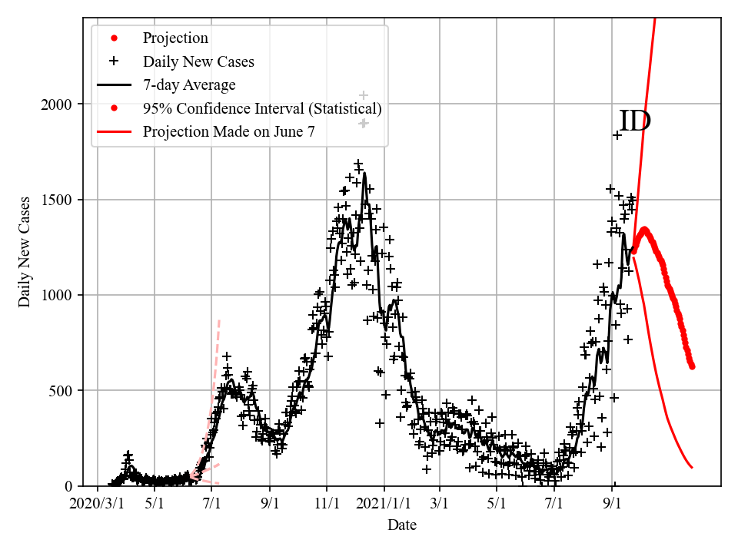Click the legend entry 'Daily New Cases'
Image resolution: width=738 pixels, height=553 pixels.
click(x=198, y=61)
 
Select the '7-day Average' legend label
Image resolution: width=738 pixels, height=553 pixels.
click(x=189, y=84)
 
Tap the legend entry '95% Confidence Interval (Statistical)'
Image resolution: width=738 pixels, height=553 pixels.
click(x=262, y=108)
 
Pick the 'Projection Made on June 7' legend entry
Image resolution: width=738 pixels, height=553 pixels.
click(x=228, y=131)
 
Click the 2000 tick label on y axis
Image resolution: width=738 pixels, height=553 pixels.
click(x=61, y=104)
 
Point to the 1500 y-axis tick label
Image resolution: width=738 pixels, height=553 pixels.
click(x=61, y=200)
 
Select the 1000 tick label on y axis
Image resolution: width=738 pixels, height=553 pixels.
click(x=61, y=295)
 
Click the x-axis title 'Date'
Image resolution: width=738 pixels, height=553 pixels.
click(x=402, y=525)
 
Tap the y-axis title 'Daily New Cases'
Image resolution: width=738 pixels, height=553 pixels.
click(x=25, y=253)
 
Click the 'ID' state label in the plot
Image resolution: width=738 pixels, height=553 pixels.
click(x=635, y=121)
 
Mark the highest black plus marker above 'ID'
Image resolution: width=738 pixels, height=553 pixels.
click(x=617, y=135)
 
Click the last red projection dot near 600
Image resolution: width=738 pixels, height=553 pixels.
click(x=692, y=366)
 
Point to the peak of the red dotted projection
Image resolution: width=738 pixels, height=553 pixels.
click(x=644, y=229)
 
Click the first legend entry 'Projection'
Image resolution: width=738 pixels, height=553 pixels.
click(x=175, y=38)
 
